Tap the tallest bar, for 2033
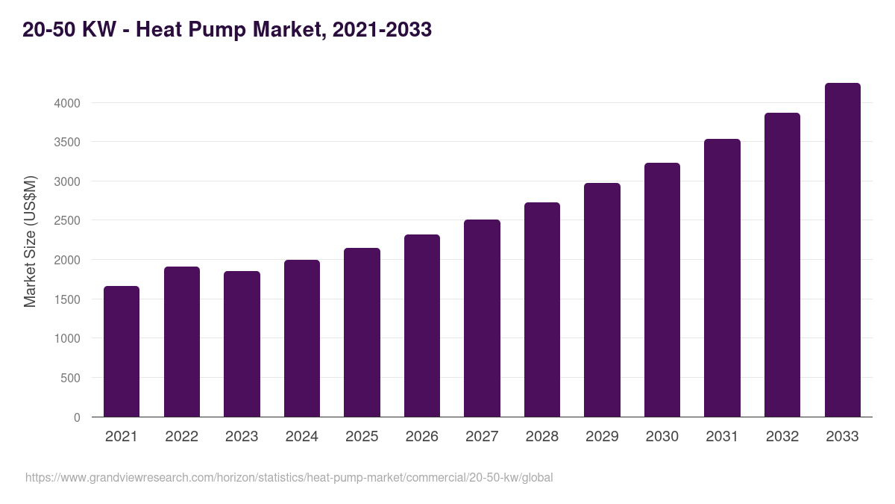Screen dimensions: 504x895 pyautogui.click(x=842, y=250)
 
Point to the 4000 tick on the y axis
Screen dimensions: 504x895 pyautogui.click(x=67, y=103)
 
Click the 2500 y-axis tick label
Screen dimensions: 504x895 pyautogui.click(x=67, y=221)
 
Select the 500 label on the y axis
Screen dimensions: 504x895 pyautogui.click(x=71, y=378)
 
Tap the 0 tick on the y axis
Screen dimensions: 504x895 pyautogui.click(x=77, y=417)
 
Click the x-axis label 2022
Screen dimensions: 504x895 pyautogui.click(x=182, y=437)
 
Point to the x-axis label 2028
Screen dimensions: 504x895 pyautogui.click(x=542, y=437)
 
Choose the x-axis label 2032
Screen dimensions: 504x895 pyautogui.click(x=782, y=437)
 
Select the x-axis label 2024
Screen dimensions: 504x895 pyautogui.click(x=302, y=437)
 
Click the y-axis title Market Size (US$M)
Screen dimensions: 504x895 pyautogui.click(x=30, y=241)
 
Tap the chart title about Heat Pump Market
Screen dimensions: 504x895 pyautogui.click(x=227, y=30)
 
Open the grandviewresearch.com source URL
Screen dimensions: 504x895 pyautogui.click(x=289, y=477)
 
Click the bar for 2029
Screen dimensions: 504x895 pyautogui.click(x=602, y=299)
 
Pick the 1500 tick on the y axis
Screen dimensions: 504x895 pyautogui.click(x=67, y=299)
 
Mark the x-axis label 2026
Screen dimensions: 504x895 pyautogui.click(x=422, y=437)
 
